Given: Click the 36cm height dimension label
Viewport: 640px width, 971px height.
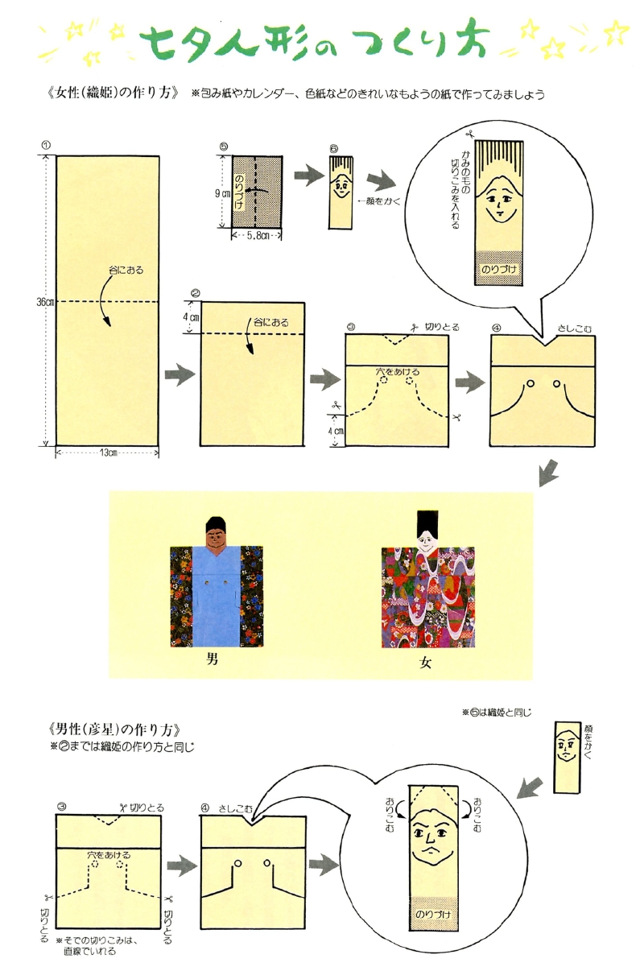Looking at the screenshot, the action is pyautogui.click(x=44, y=302).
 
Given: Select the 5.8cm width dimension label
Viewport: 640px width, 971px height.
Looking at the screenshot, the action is pyautogui.click(x=258, y=236).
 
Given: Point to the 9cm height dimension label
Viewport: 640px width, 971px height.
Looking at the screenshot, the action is pyautogui.click(x=222, y=193).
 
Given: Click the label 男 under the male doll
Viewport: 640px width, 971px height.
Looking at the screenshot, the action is pyautogui.click(x=212, y=659).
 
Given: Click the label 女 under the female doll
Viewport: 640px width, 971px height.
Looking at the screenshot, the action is pyautogui.click(x=425, y=663).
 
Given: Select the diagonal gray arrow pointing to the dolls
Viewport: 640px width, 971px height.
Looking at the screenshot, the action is pyautogui.click(x=548, y=473).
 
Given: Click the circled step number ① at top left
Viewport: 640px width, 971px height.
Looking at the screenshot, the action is pyautogui.click(x=46, y=145).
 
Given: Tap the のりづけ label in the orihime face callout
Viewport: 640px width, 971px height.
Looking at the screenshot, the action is pyautogui.click(x=499, y=269).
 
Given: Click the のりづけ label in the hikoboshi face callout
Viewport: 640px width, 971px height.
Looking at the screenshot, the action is pyautogui.click(x=433, y=914).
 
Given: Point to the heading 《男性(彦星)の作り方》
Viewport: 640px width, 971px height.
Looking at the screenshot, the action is pyautogui.click(x=115, y=729).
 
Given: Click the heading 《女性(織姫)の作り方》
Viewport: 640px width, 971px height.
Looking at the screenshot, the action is pyautogui.click(x=114, y=93).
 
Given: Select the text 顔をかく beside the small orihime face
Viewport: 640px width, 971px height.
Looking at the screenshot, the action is pyautogui.click(x=380, y=201).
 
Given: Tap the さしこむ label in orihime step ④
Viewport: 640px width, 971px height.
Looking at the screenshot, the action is pyautogui.click(x=575, y=328).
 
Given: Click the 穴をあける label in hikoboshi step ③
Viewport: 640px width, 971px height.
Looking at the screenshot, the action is pyautogui.click(x=109, y=855).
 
